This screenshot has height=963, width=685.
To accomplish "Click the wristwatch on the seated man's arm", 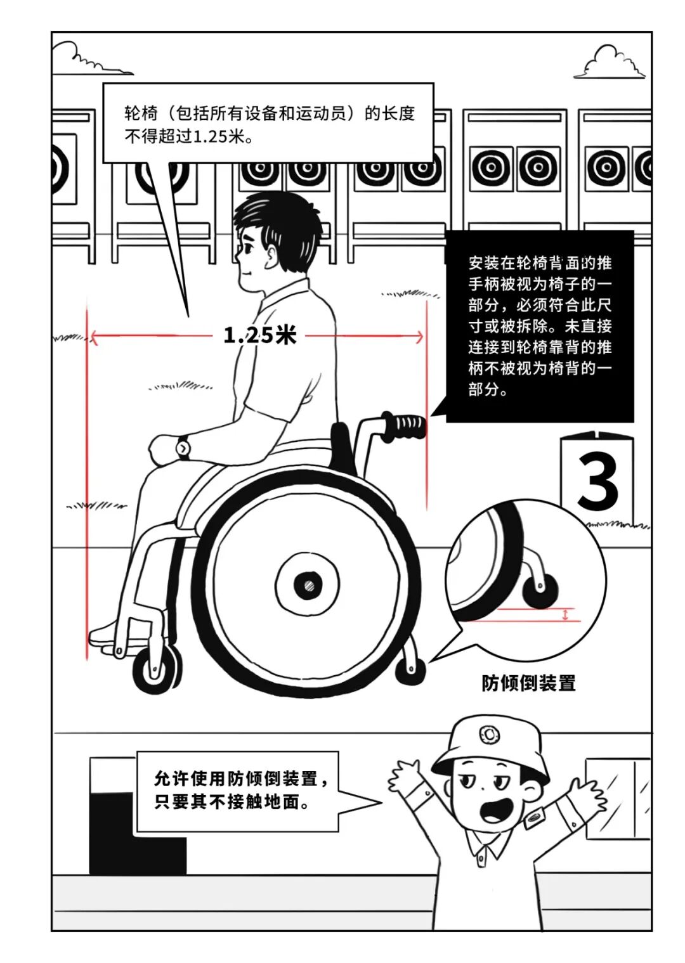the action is point(183,448).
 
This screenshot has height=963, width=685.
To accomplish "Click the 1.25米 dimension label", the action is point(260,335).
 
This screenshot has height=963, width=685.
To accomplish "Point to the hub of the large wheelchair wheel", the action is point(308,585).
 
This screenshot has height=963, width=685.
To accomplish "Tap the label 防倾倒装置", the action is point(528,683).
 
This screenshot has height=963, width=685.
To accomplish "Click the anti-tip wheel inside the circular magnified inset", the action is point(540,589).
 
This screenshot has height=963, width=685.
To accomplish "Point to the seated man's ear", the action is point(271,255).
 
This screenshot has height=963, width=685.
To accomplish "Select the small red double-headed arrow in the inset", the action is point(566,615).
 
